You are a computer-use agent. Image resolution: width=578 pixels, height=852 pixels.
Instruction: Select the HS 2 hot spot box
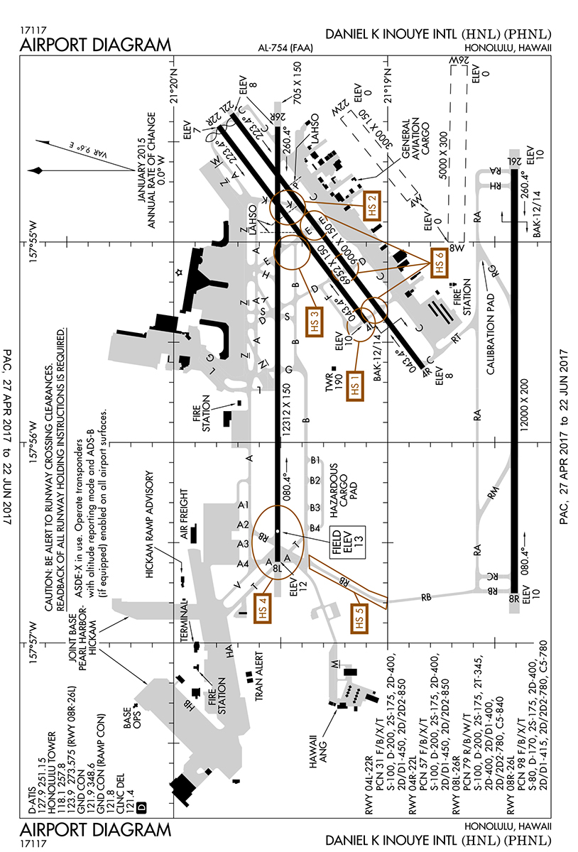[x=372, y=207]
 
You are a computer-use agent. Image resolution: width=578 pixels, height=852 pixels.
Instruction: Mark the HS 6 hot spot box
[x=439, y=263]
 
